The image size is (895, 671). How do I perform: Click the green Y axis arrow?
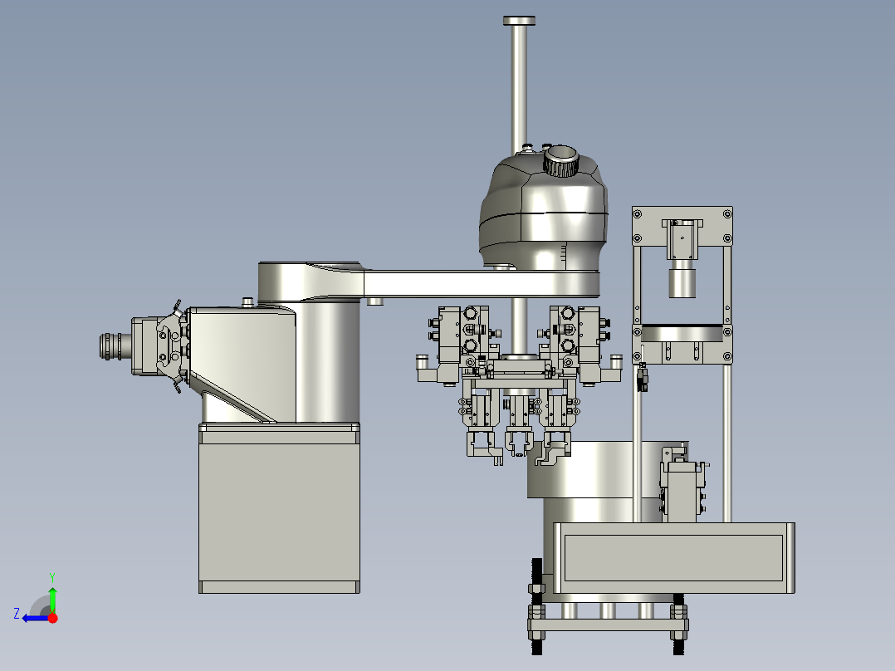click(x=52, y=599)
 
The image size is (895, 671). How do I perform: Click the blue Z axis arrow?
click(x=36, y=618)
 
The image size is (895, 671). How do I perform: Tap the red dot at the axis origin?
click(x=53, y=618)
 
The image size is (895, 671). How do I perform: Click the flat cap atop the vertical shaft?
click(x=519, y=21)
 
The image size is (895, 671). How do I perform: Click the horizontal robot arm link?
click(x=482, y=284)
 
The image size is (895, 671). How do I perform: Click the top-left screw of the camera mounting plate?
click(x=638, y=214)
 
